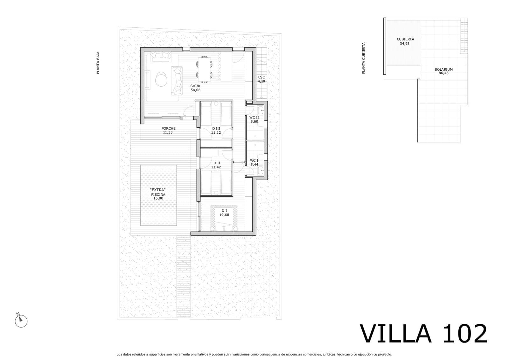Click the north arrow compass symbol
coord(21,321)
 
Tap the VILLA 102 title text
coord(423,334)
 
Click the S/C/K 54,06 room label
coord(195,88)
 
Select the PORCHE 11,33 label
coord(168,130)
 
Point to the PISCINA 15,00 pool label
coord(158,194)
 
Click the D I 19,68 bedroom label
coord(224,213)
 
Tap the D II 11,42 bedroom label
coord(216,165)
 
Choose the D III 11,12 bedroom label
coord(216,130)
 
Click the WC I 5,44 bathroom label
coord(254,162)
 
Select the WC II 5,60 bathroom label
coord(254,119)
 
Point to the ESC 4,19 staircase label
coord(261,79)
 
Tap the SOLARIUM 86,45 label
coord(443,71)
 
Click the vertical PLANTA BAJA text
coord(98,63)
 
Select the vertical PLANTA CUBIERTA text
coord(364,58)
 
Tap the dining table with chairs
coord(204,69)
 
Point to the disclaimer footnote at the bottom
coord(254,354)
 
